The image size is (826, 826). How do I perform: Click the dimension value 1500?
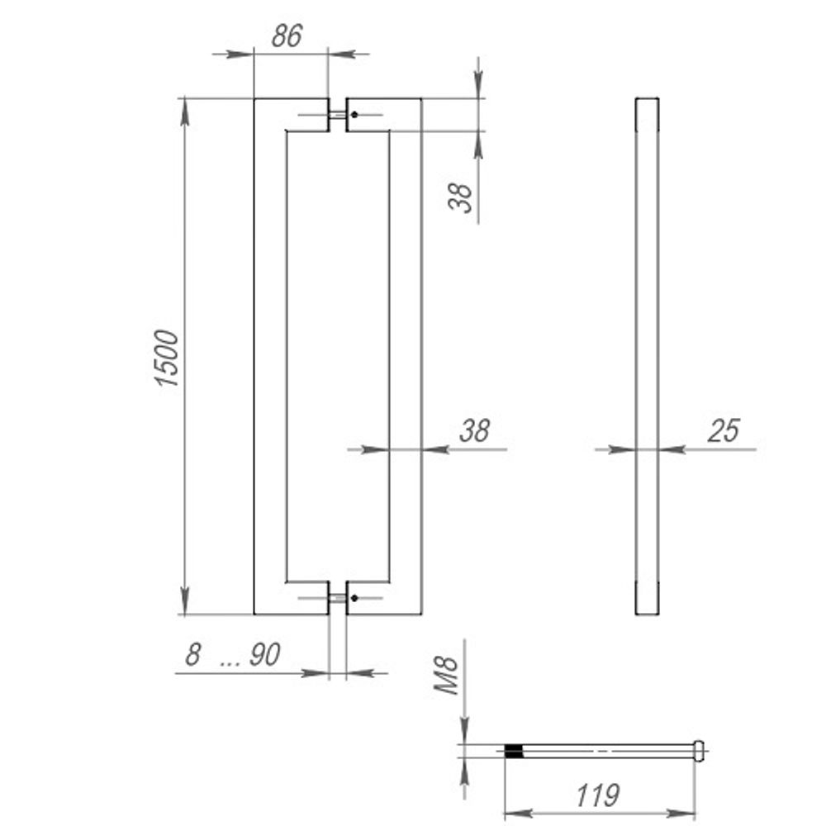coord(167,358)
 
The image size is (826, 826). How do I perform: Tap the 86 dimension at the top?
coord(287,36)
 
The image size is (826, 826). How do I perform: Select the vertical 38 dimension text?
coord(463,197)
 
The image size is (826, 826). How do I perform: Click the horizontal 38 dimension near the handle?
coord(474,430)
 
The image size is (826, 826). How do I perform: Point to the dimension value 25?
coord(724,430)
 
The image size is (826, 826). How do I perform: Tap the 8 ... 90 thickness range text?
coord(233,655)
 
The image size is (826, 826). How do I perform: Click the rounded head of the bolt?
coord(699,750)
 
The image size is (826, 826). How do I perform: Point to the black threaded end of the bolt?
coord(514,751)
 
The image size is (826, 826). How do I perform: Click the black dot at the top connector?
coord(354,115)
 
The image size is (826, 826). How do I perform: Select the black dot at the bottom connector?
coord(354,597)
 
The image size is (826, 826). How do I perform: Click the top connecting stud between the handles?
coord(337,115)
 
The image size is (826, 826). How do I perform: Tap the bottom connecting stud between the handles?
coord(337,597)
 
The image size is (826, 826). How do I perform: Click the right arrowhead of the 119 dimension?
coord(687,814)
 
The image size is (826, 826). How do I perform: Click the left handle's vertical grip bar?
coord(269,355)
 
